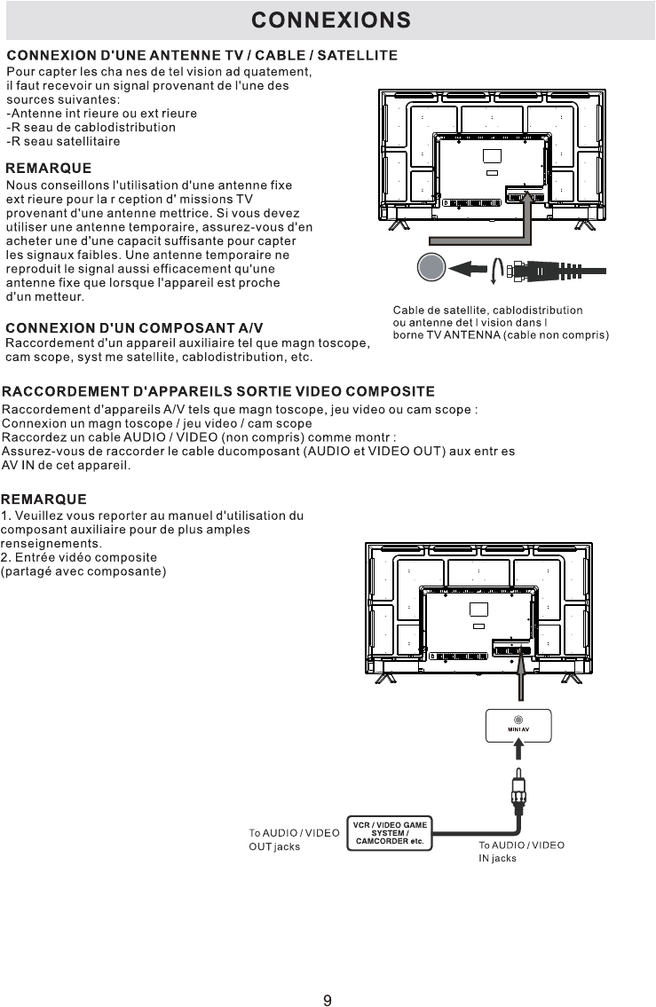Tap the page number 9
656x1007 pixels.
328,1001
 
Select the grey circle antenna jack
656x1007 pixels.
431,268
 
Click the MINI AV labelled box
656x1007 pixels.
518,724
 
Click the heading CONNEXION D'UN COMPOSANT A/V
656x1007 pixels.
134,328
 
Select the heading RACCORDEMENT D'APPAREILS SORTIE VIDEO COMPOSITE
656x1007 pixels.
218,391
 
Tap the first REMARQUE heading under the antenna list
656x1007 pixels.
49,168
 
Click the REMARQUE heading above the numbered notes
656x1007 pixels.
44,500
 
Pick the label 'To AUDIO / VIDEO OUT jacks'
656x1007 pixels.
293,839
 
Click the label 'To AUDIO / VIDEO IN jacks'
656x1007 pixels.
521,852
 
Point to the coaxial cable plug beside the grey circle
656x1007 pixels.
533,271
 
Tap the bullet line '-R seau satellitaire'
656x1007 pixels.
63,141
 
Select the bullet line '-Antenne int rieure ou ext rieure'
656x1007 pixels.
101,114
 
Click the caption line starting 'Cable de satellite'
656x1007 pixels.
487,311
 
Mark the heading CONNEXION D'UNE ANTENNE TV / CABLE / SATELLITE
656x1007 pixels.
202,56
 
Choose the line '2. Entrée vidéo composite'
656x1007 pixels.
79,557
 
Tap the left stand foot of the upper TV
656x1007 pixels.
399,225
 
